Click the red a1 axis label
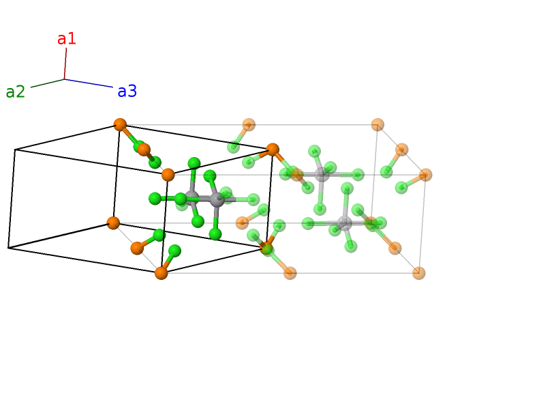(x=67, y=39)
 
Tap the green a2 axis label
(x=15, y=92)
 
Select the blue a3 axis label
(x=127, y=91)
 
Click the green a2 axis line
(x=47, y=83)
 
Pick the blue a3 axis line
(x=89, y=83)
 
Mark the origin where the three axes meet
(x=65, y=79)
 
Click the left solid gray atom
(x=192, y=199)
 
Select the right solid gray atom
(x=217, y=199)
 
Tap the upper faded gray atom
(x=322, y=175)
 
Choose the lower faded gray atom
(x=345, y=223)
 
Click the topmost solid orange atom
(x=120, y=124)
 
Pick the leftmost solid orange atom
(x=113, y=223)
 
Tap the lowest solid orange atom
(x=161, y=273)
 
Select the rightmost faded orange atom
(x=426, y=175)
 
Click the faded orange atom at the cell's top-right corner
(x=378, y=124)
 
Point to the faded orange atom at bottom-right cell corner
(x=419, y=273)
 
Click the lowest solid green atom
(x=174, y=251)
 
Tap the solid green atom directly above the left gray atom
(x=194, y=163)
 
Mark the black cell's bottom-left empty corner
(x=8, y=248)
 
